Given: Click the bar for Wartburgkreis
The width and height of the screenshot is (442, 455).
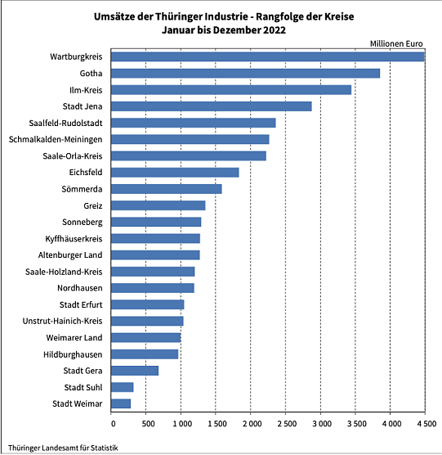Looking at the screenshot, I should click(268, 56).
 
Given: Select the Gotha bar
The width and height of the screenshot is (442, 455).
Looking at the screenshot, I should click(246, 73).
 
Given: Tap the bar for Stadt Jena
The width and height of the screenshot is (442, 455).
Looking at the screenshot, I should click(212, 106).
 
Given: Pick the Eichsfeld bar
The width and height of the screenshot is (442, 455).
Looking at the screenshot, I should click(175, 173).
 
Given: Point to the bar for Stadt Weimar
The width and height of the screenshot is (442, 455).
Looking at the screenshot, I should click(121, 403).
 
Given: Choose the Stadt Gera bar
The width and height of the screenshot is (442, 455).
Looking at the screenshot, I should click(135, 371).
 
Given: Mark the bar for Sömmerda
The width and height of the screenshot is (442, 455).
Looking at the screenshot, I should click(167, 189).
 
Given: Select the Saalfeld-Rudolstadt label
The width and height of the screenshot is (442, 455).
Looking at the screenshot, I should click(66, 123).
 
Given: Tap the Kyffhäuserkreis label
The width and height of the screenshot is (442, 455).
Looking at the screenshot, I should click(74, 238).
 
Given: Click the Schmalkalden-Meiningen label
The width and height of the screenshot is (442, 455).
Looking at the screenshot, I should click(55, 139).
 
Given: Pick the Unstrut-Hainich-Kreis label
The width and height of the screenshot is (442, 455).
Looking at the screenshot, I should click(64, 321).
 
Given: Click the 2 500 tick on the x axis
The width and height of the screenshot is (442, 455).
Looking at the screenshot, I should click(286, 425).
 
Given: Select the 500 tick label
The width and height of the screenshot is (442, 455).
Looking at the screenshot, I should click(146, 425).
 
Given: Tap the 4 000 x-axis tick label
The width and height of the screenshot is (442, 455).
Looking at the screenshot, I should click(391, 425).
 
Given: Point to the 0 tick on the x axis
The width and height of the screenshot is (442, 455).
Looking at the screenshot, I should click(112, 425).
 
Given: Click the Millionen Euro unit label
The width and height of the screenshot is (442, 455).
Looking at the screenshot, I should click(398, 43).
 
